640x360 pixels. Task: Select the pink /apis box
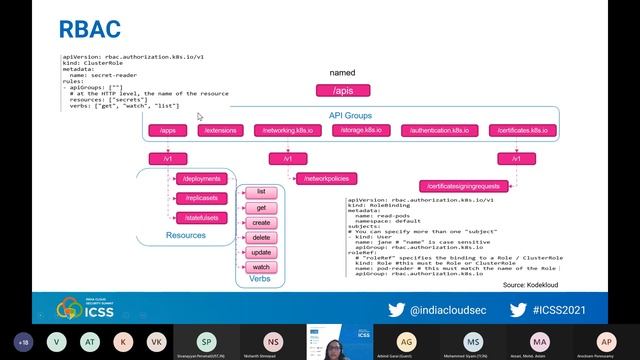pos(343,91)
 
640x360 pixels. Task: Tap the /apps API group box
pos(167,130)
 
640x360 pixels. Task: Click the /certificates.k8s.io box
pos(516,130)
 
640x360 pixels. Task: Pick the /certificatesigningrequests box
pos(464,186)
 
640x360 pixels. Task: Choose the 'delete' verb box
pos(261,238)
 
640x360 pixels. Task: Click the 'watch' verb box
pos(261,267)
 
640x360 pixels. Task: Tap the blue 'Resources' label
pos(185,236)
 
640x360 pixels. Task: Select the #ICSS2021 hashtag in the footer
pos(574,310)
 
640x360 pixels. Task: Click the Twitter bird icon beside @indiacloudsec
pos(396,310)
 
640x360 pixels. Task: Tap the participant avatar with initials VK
pos(155,341)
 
